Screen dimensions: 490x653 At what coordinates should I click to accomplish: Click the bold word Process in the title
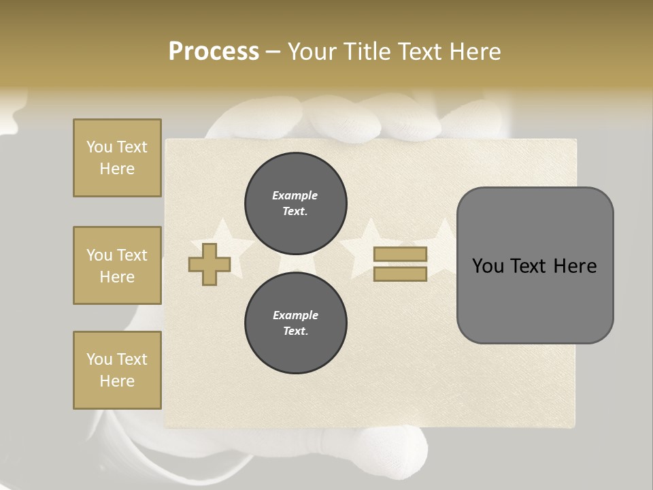point(214,52)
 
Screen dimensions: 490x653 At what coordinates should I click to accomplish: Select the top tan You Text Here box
point(117,158)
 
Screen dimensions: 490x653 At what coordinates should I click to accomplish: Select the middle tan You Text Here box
point(117,265)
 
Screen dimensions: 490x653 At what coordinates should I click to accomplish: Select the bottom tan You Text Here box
point(117,370)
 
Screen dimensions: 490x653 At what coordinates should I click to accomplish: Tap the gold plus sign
point(210,264)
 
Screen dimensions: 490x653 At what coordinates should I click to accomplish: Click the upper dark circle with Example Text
point(295,203)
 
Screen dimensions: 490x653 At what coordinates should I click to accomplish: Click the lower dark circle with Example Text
point(295,323)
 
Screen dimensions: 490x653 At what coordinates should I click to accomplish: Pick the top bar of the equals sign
point(400,254)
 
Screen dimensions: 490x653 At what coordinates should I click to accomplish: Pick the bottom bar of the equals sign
point(400,274)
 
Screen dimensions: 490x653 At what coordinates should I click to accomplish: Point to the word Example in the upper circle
point(295,195)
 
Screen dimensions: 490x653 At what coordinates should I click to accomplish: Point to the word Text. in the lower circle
point(295,331)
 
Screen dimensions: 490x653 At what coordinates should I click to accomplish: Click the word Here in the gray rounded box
point(575,266)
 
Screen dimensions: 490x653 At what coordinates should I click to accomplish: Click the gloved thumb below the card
point(395,453)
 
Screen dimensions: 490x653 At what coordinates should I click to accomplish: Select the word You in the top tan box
point(99,147)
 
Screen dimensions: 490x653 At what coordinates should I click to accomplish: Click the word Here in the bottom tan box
point(117,381)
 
